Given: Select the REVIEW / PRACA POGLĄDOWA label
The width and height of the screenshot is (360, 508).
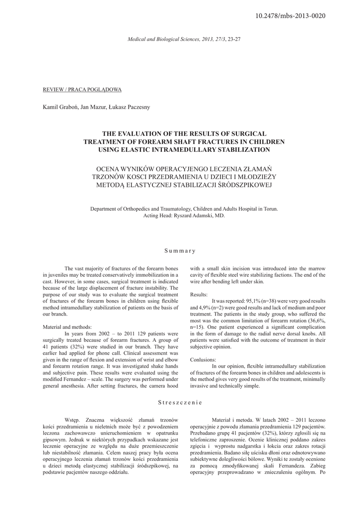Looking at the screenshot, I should pos(82,89).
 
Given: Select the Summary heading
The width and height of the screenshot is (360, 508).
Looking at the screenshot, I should pos(180,251).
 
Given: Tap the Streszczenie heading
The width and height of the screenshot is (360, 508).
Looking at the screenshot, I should pos(180,402).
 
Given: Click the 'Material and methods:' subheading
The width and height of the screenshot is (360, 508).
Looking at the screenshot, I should pos(67,327).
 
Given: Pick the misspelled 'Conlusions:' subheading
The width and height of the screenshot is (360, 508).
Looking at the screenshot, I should pos(203,359).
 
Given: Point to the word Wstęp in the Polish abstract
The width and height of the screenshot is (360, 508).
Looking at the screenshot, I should pos(73,419).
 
